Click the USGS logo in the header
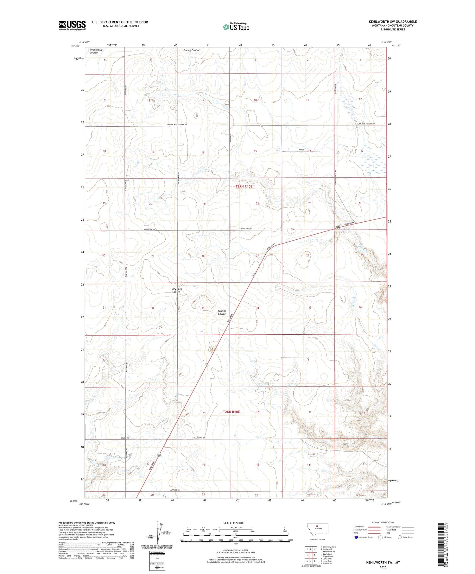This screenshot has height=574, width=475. click(72, 25)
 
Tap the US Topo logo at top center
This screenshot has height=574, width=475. click(236, 27)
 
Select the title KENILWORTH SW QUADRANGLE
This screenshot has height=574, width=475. click(392, 22)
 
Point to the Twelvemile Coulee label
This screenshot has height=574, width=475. click(96, 51)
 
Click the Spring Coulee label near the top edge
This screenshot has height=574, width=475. click(192, 50)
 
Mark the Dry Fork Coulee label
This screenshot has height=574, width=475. click(177, 290)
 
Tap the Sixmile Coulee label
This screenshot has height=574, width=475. click(222, 312)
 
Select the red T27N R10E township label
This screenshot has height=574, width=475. click(244, 186)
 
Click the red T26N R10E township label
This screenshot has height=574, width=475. click(231, 412)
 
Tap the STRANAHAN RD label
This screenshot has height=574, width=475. click(198, 438)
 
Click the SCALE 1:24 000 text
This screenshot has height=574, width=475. click(234, 523)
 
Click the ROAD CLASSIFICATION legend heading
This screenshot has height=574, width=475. click(383, 523)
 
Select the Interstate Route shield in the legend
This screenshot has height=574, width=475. click(356, 537)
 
